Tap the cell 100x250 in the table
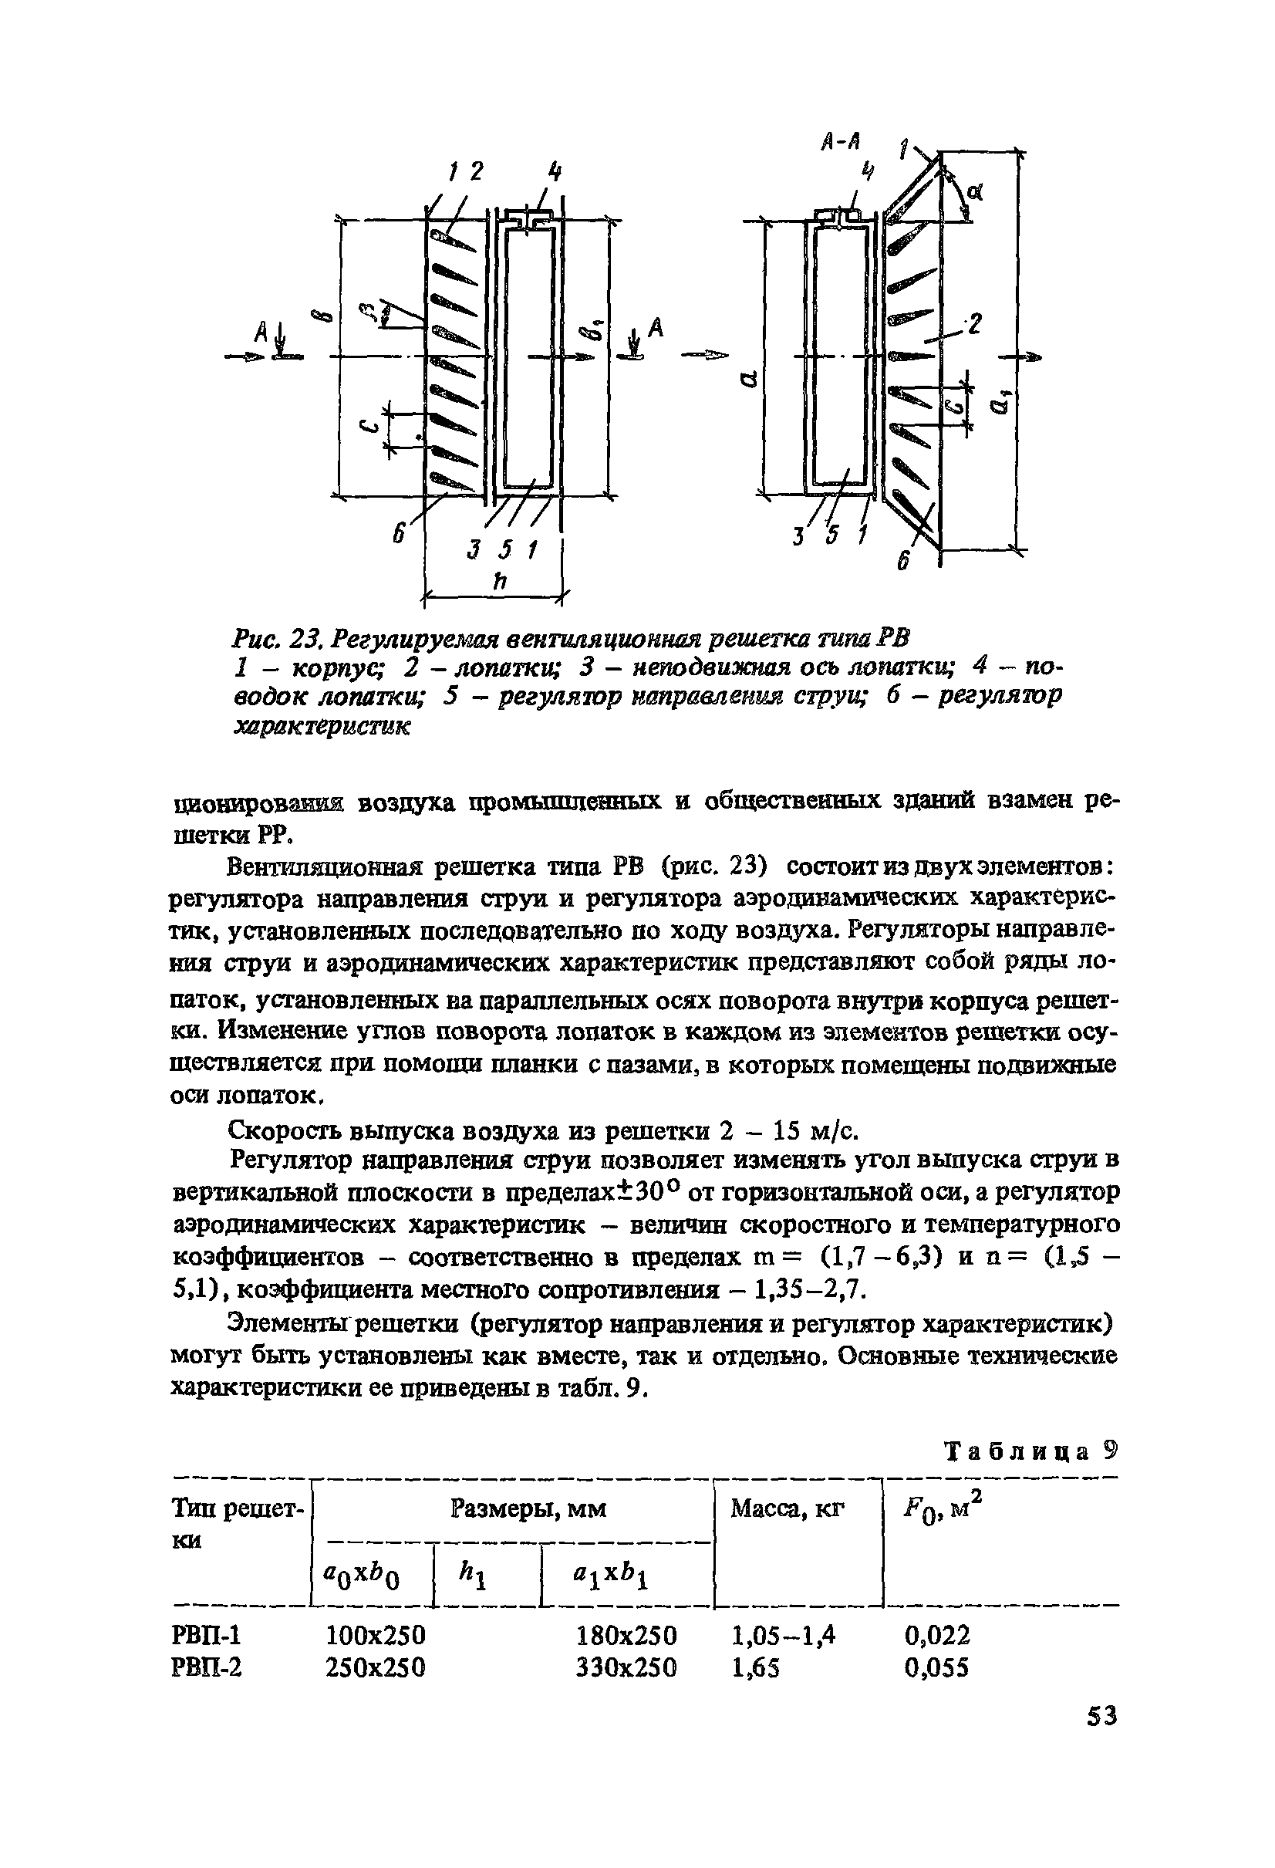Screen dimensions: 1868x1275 coord(375,1636)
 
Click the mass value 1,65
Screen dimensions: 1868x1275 coord(755,1669)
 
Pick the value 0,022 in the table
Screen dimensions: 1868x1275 coord(936,1636)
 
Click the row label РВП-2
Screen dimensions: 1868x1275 coord(207,1669)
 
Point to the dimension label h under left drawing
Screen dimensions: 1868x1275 coord(499,579)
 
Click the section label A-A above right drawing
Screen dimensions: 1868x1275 coord(842,141)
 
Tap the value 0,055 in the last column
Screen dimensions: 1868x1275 coord(936,1669)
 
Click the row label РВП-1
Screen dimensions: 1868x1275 coord(207,1636)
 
